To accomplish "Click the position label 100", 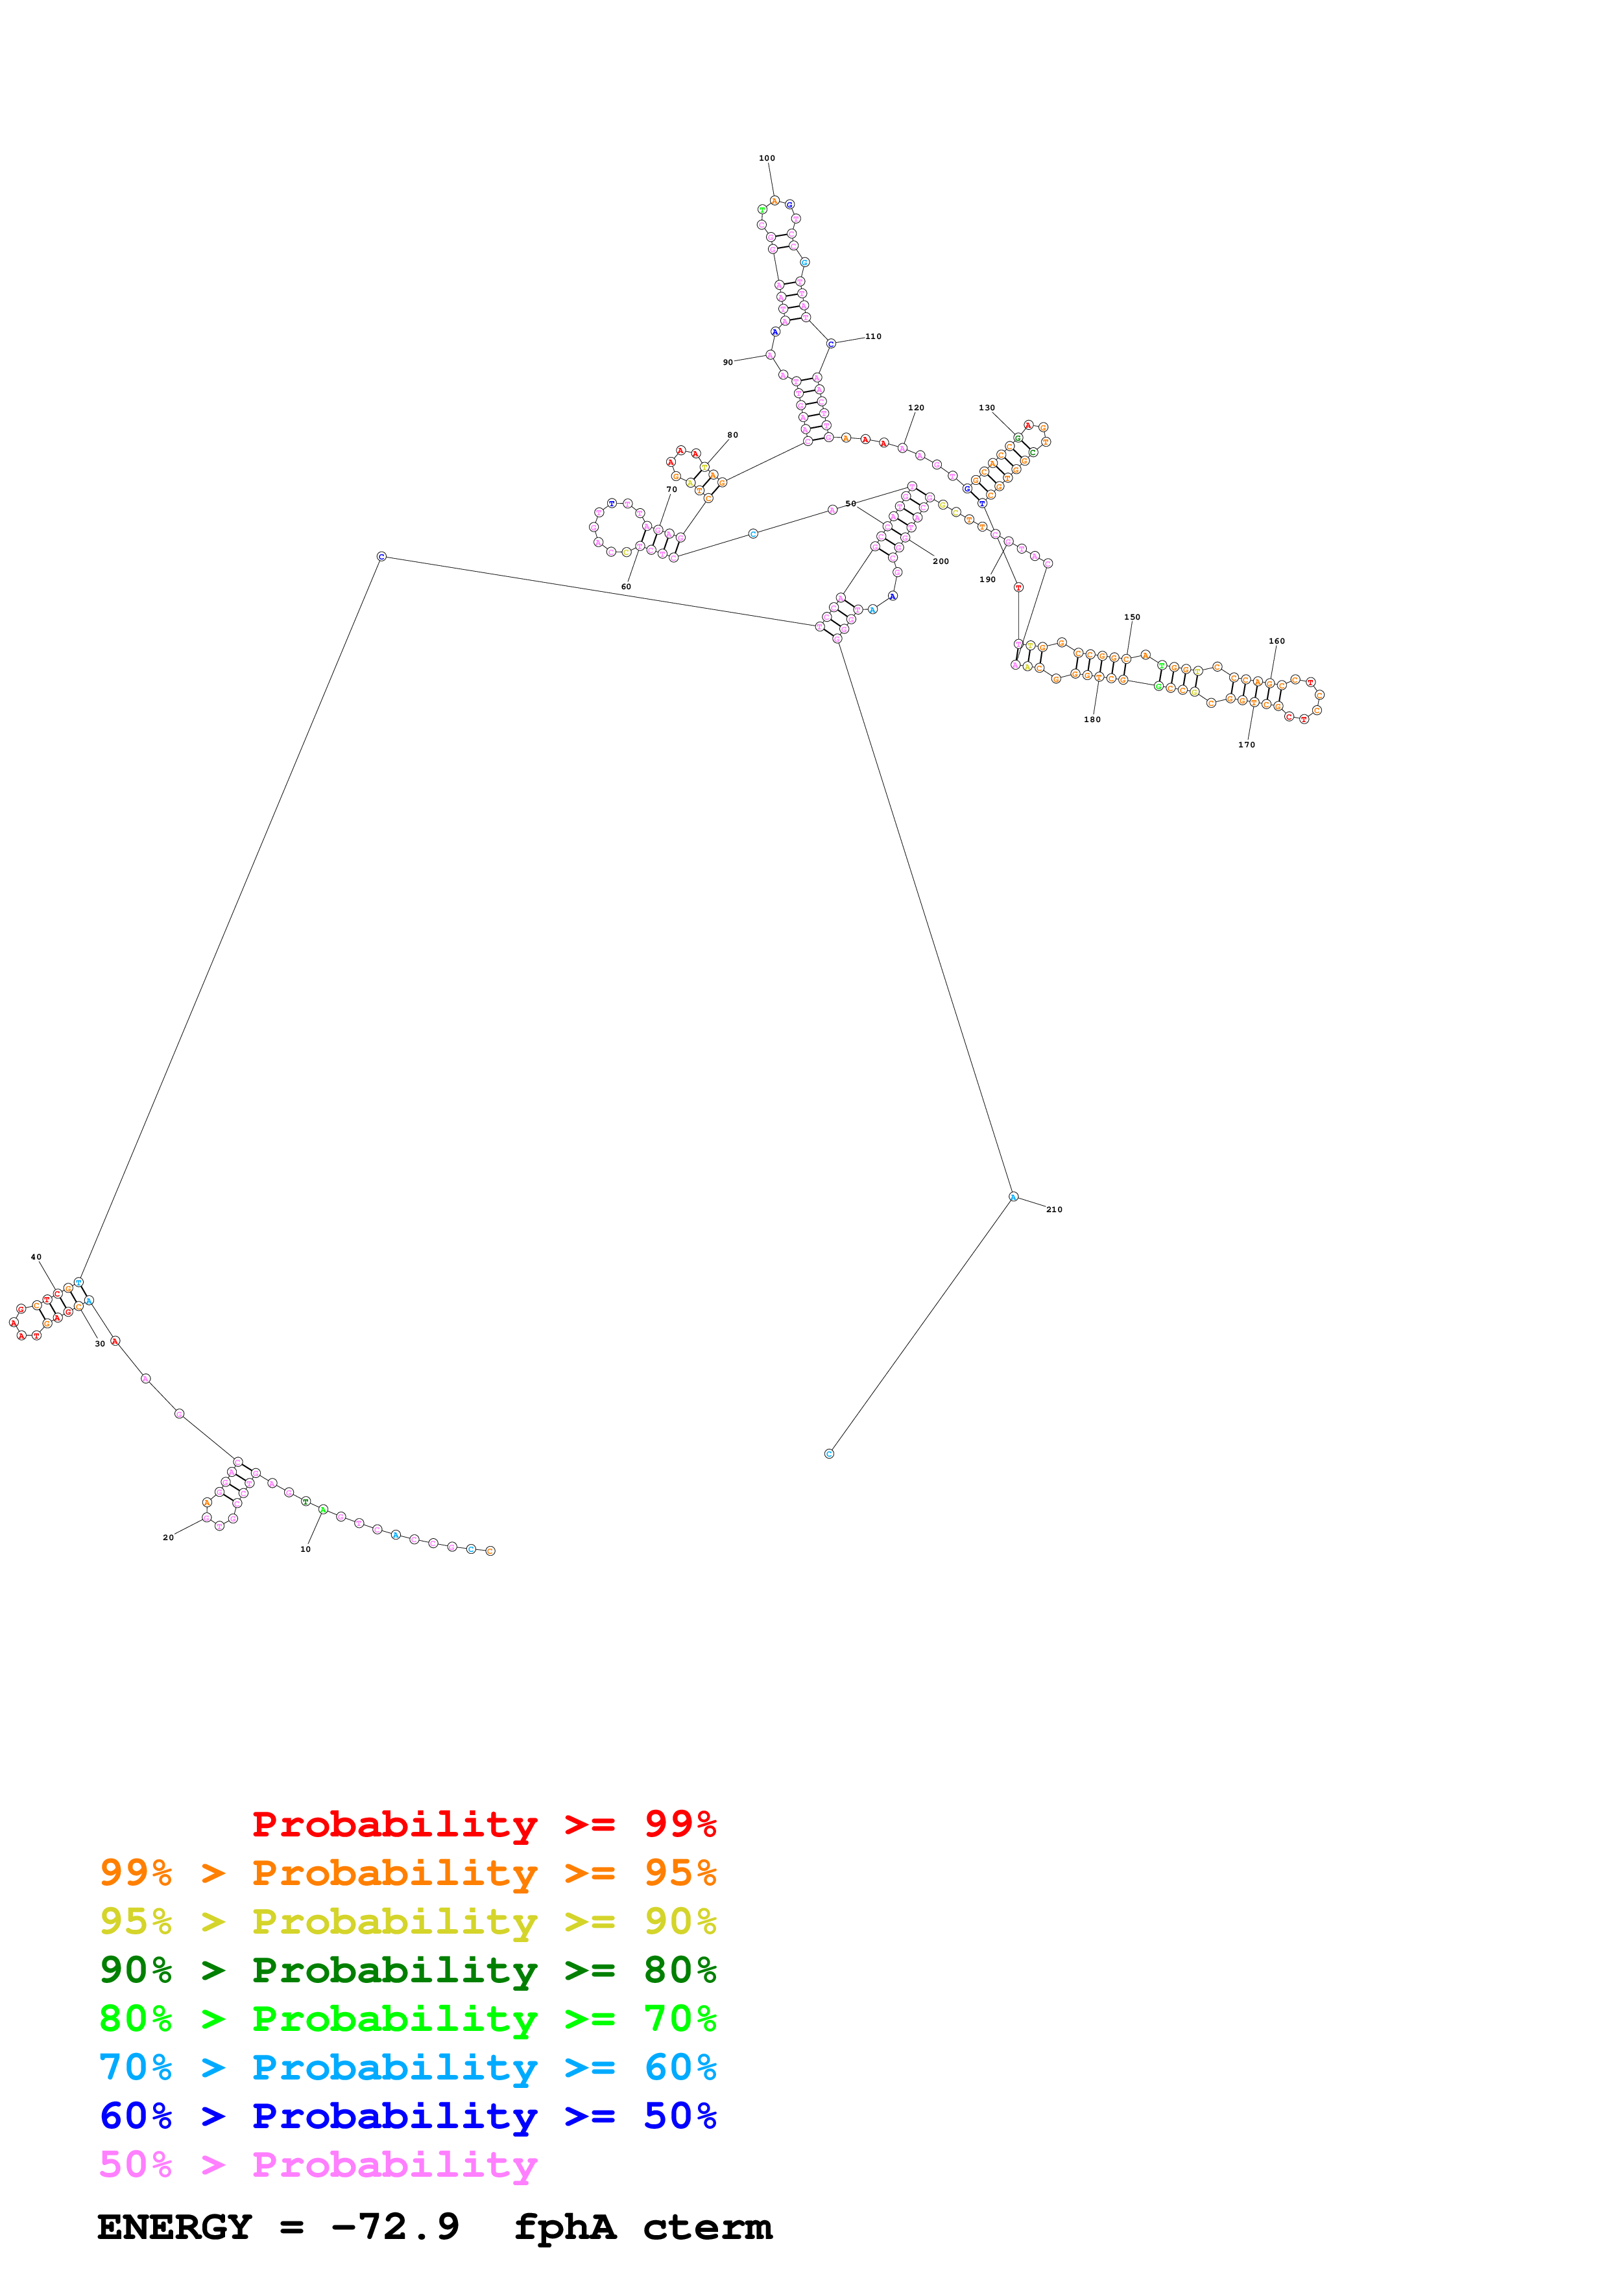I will [x=767, y=158].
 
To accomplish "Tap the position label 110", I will [x=873, y=336].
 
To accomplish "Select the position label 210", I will [x=1054, y=1210].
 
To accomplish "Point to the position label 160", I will [x=1277, y=641].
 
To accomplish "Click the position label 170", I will [x=1246, y=745].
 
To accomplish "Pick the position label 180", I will [x=1092, y=719].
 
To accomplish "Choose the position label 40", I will [x=36, y=1257].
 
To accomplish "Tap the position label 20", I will [x=169, y=1537].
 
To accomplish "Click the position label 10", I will [x=305, y=1549].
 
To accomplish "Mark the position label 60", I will [x=626, y=587].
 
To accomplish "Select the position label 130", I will [x=987, y=408].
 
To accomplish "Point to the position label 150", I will [x=1133, y=617].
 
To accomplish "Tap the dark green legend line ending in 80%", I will [x=408, y=1970].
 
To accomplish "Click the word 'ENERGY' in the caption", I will [x=174, y=2227].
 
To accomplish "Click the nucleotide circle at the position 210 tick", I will [x=1013, y=1197].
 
